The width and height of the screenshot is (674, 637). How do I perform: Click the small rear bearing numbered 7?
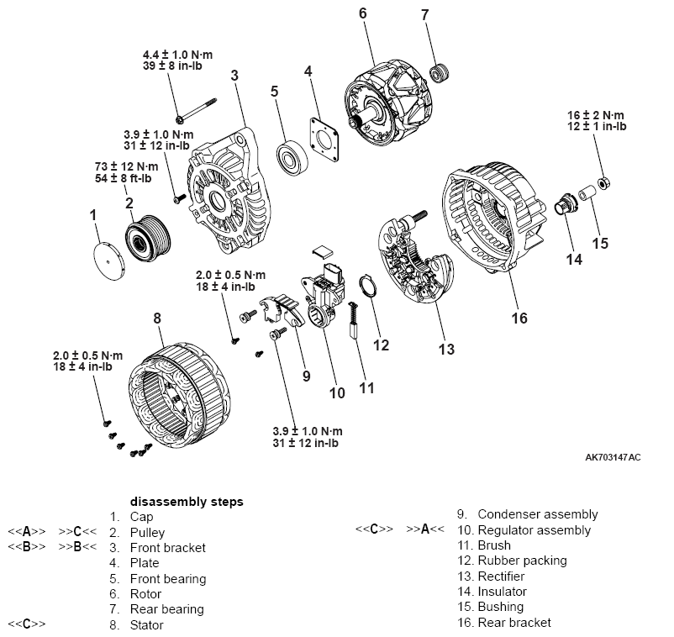tap(437, 74)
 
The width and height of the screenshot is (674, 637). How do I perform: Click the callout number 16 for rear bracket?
tap(520, 318)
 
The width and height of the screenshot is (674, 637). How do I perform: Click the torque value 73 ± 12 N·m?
tap(126, 166)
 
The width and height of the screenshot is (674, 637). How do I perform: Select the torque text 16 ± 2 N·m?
tap(596, 113)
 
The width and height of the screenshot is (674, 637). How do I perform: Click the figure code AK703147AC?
tap(613, 458)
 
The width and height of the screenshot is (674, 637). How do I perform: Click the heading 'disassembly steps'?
tap(187, 502)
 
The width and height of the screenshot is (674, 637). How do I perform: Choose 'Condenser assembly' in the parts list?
tap(538, 514)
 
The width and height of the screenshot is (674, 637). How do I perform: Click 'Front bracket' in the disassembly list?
tap(168, 548)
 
